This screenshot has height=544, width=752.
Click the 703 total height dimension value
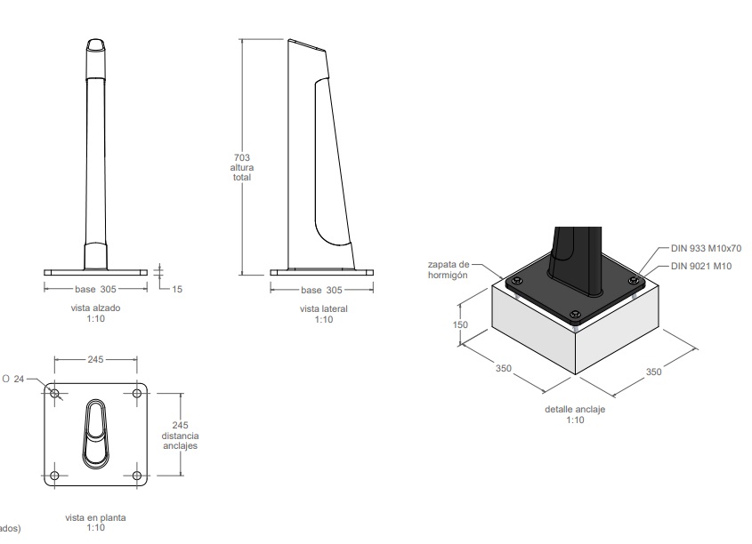(242, 157)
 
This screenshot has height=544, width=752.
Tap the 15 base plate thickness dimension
(177, 289)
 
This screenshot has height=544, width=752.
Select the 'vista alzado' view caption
(95, 308)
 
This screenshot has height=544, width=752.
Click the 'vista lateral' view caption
(324, 308)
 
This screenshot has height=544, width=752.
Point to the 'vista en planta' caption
(95, 517)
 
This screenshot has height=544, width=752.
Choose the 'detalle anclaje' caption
(575, 410)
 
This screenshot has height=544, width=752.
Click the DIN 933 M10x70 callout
(706, 248)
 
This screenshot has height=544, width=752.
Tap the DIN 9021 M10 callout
(701, 267)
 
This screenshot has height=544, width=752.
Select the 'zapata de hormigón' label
(449, 269)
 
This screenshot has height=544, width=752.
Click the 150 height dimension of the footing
(460, 324)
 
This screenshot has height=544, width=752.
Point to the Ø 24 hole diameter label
(13, 380)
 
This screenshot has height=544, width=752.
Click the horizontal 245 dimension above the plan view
(95, 359)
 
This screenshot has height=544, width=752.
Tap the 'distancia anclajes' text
(180, 441)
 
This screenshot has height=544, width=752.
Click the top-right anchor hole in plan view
(137, 394)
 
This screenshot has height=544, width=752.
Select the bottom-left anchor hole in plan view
(54, 476)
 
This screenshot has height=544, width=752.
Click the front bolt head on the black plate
(576, 315)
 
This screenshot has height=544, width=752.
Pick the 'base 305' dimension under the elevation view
(95, 289)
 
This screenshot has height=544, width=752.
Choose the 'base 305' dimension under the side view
(322, 290)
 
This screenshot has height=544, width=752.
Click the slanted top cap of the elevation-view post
(96, 44)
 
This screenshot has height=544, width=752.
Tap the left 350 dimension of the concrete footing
(504, 368)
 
